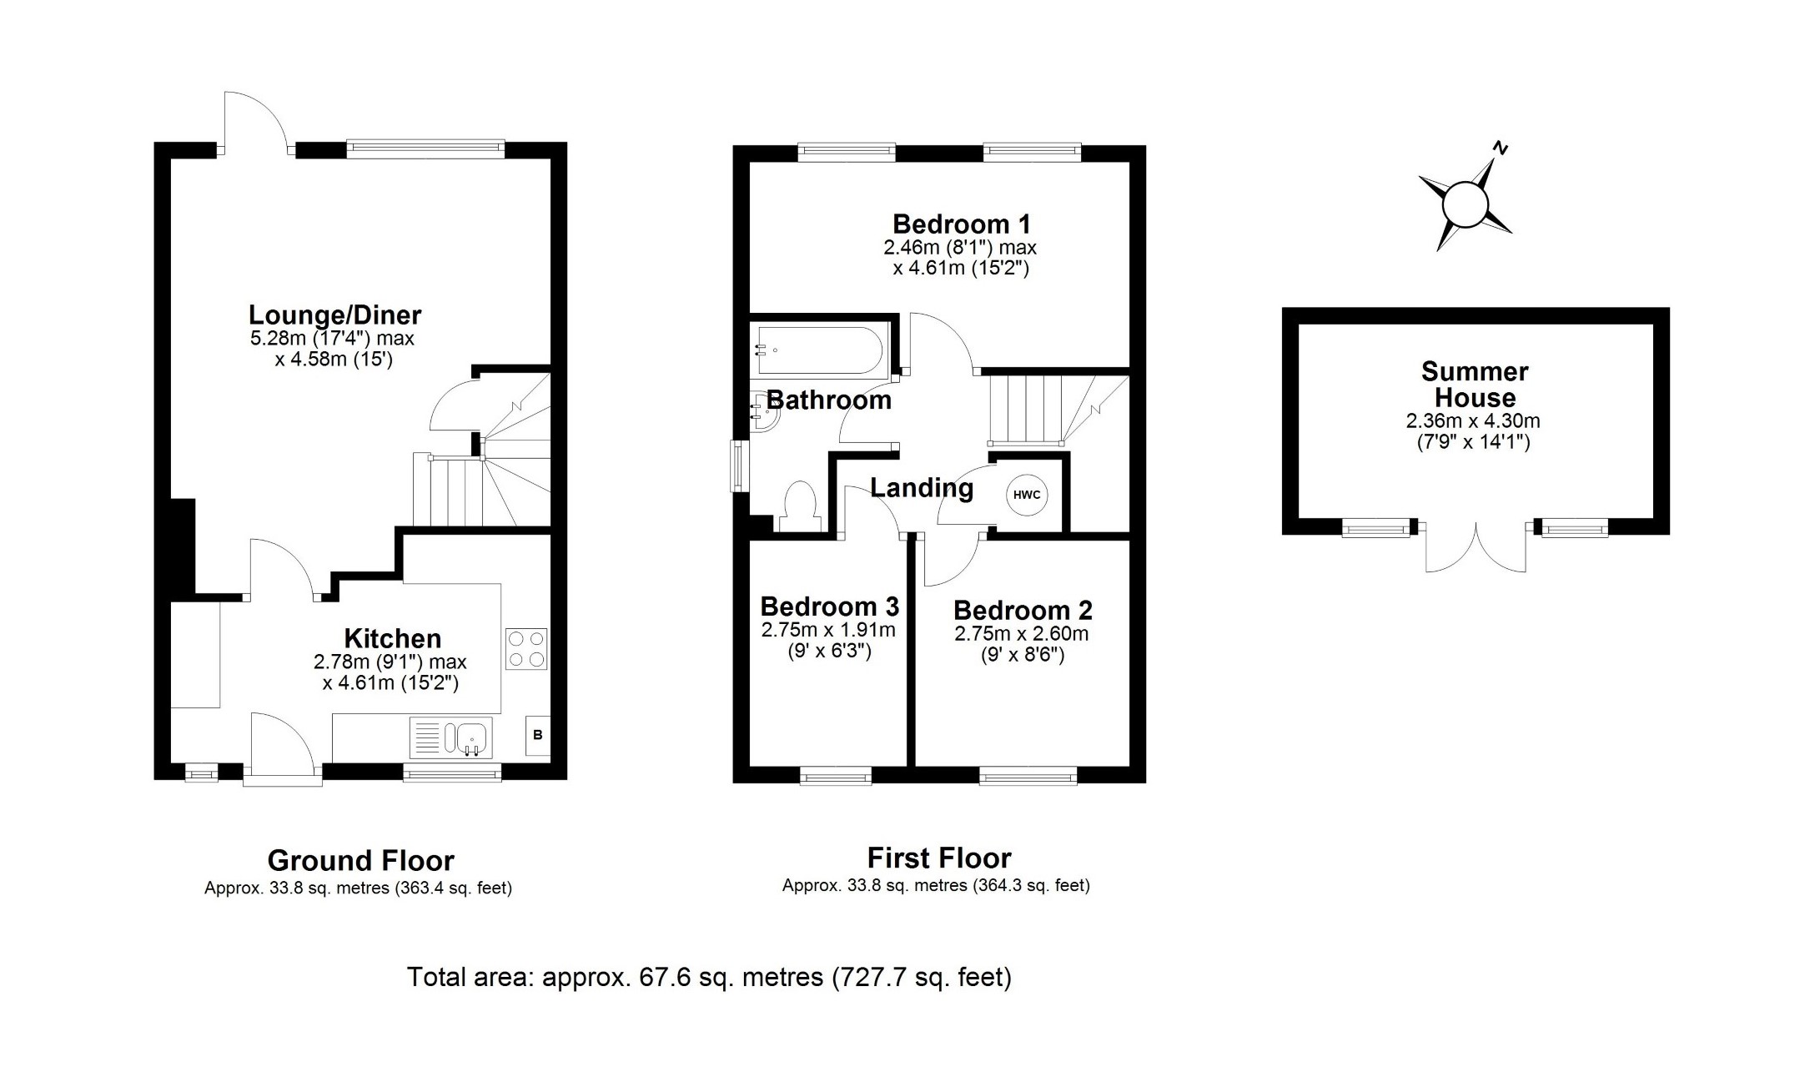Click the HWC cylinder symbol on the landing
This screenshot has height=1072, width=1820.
pos(1027,495)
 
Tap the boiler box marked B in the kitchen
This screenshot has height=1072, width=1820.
pos(538,735)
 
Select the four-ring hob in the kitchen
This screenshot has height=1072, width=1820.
pos(526,649)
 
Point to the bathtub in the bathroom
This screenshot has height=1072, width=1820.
pos(818,350)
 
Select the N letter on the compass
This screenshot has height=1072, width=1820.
pos(1501,149)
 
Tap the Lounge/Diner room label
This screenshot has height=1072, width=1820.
pos(335,315)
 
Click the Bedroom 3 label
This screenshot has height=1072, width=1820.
pos(829,606)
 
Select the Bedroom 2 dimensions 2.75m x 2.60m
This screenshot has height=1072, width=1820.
pos(1022,634)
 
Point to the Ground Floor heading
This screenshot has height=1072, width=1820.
pos(360,860)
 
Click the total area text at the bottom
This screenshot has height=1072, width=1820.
pos(709,977)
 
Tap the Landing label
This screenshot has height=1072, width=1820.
pos(922,487)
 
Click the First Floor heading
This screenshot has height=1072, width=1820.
pos(939,858)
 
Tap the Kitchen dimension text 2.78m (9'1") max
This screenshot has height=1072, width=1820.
pos(390,662)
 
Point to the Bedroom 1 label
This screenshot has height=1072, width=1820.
pos(961,224)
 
